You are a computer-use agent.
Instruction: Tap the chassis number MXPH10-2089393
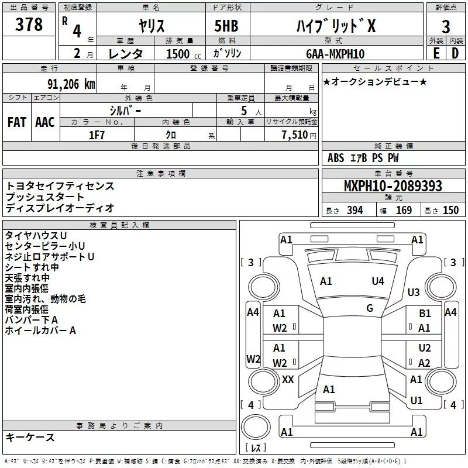(x=393, y=187)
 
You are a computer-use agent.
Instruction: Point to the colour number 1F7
(x=97, y=135)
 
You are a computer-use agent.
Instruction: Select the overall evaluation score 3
(x=446, y=26)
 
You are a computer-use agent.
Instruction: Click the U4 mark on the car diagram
(x=378, y=281)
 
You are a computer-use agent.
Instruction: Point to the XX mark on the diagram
(x=288, y=380)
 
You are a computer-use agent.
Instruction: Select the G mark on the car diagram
(x=370, y=308)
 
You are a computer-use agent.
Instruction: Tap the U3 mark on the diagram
(x=414, y=292)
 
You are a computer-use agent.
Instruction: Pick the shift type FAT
(x=16, y=122)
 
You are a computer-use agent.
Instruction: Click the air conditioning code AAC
(x=44, y=122)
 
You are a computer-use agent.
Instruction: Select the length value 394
(x=355, y=211)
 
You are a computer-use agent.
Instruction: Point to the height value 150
(x=450, y=211)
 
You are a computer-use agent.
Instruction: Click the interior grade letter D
(x=455, y=53)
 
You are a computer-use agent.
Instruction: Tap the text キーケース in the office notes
(x=30, y=437)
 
